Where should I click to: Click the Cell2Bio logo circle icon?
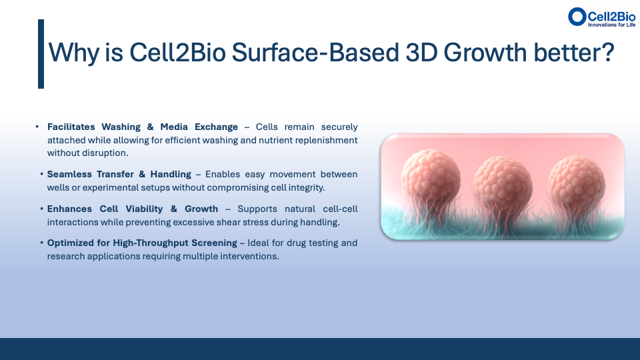pyautogui.click(x=577, y=17)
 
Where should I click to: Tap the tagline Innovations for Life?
pyautogui.click(x=611, y=25)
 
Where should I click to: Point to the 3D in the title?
pyautogui.click(x=421, y=53)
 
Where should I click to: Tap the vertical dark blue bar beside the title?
pyautogui.click(x=41, y=54)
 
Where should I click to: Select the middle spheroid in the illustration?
pyautogui.click(x=503, y=183)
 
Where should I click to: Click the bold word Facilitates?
pyautogui.click(x=71, y=127)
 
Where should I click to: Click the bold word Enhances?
pyautogui.click(x=69, y=209)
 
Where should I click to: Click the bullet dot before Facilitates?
pyautogui.click(x=37, y=127)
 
